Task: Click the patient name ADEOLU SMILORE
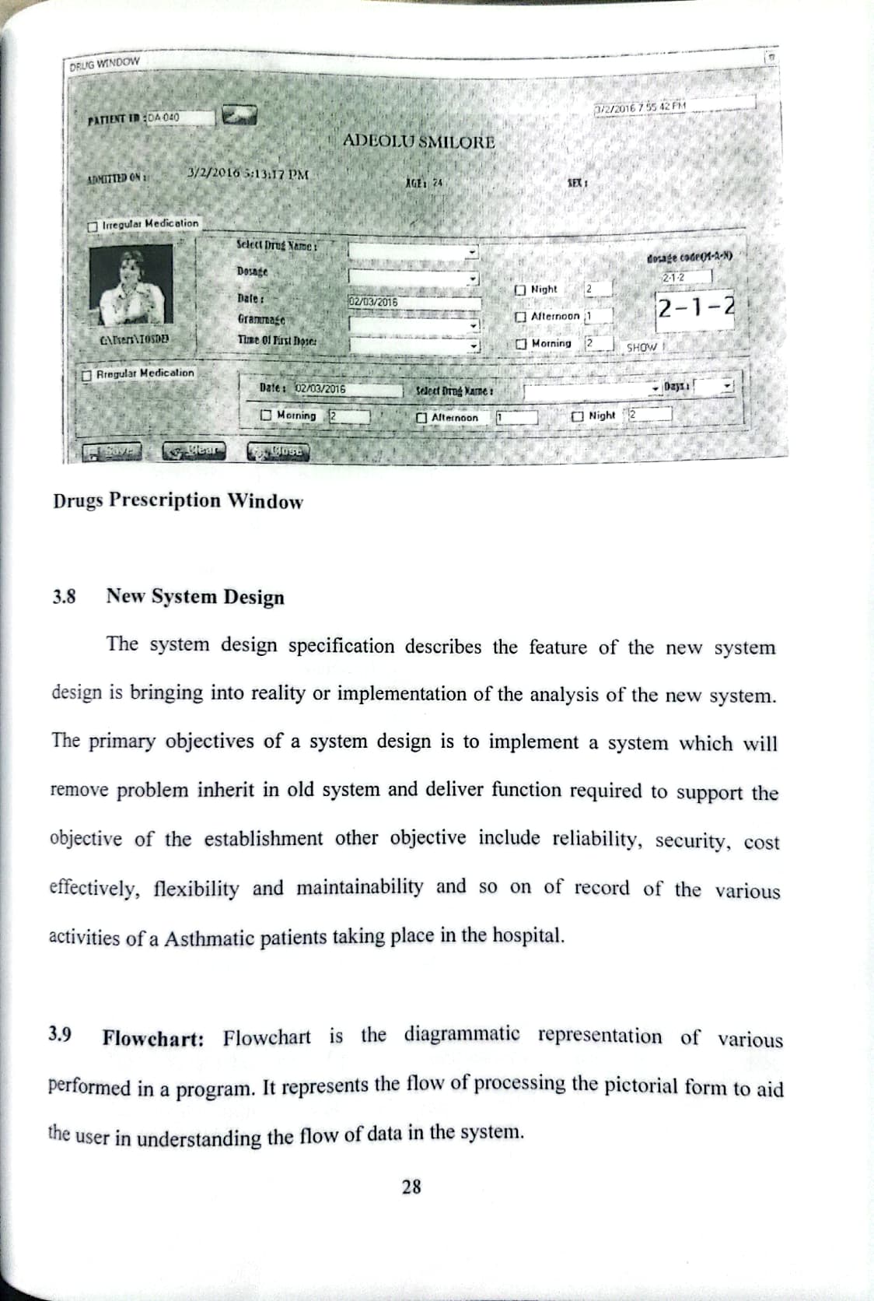(x=418, y=142)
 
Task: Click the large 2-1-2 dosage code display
(x=695, y=307)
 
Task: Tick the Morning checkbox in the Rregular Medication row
(x=267, y=416)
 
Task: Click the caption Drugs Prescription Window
(x=178, y=500)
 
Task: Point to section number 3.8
(x=65, y=598)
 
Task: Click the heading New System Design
(x=195, y=597)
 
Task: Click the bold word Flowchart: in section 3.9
(x=153, y=1039)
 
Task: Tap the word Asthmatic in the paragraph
(x=211, y=938)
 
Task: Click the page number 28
(x=412, y=1186)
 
